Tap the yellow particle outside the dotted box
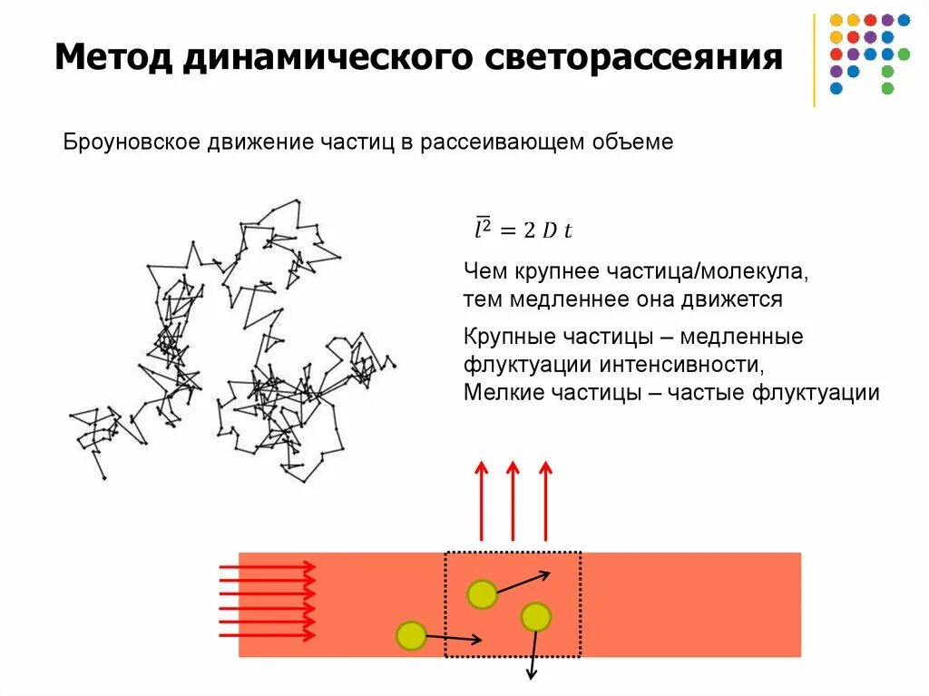pos(411,635)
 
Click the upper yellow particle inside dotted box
pos(482,594)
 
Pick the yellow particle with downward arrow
pos(535,616)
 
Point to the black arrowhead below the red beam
pos(532,673)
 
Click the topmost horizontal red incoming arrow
pos(269,566)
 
